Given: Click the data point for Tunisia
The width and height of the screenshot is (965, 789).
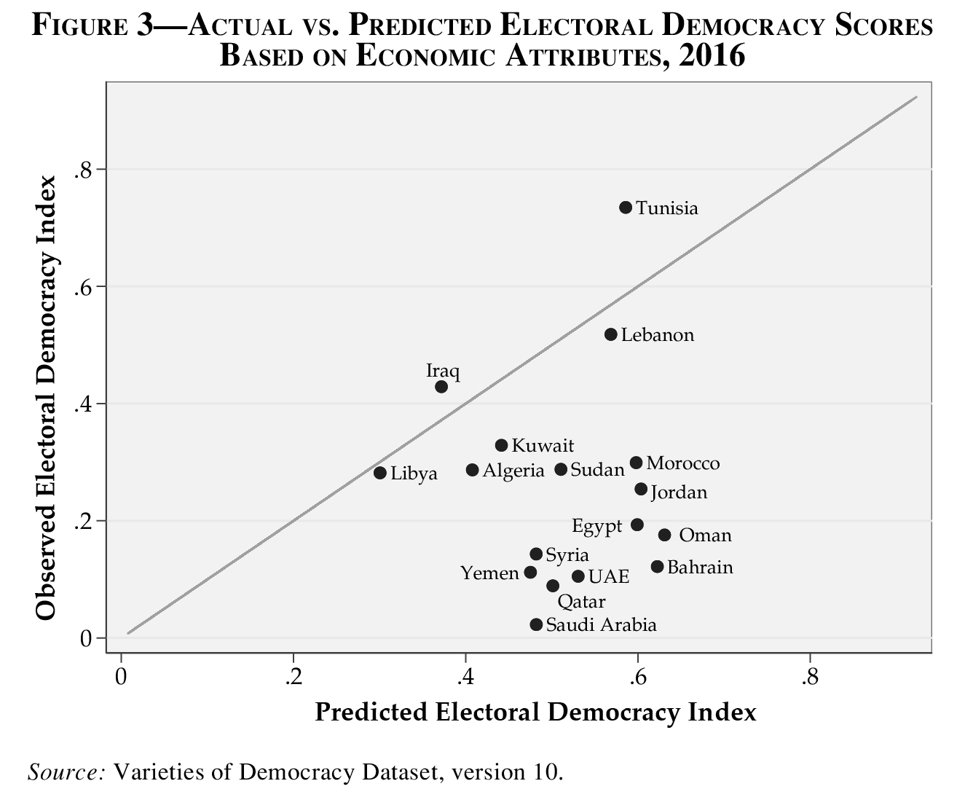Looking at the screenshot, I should [625, 208].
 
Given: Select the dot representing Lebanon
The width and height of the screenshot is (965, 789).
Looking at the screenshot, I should [610, 334].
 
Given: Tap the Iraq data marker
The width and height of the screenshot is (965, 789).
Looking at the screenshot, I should [441, 387].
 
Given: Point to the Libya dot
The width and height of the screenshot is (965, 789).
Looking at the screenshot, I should [379, 473].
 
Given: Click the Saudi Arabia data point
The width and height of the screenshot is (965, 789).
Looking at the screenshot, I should [536, 624].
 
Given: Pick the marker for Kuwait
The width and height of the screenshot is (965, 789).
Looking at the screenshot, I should [501, 445].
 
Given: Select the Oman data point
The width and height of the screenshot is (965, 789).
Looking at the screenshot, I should [664, 535].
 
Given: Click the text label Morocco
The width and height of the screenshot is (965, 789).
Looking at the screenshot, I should [682, 463].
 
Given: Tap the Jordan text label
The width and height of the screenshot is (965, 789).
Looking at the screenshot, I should [678, 492].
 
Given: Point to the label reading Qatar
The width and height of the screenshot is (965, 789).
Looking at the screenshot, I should [581, 602].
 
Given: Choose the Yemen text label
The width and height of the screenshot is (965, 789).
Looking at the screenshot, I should [489, 573].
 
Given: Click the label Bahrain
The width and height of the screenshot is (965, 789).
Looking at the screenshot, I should [699, 567].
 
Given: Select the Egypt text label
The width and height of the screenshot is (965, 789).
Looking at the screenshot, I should [596, 526].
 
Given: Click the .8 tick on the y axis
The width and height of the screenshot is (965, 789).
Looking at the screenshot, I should [82, 170].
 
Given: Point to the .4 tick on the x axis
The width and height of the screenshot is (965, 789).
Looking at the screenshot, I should [465, 678].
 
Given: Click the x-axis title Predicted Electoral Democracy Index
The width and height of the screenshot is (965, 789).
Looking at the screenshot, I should [535, 712].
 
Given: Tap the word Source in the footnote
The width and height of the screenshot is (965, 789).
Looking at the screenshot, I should [67, 771].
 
